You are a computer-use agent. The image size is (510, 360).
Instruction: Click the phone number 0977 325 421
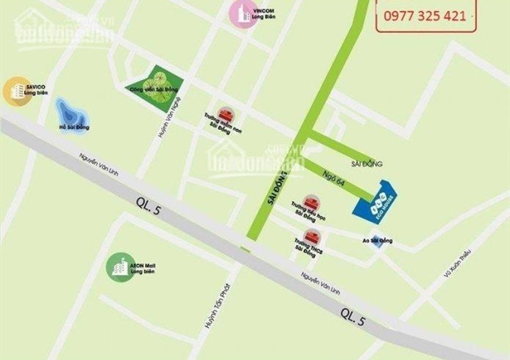click(424, 14)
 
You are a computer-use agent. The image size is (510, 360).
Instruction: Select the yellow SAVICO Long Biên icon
click(14, 91)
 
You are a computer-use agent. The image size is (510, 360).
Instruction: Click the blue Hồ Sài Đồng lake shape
click(72, 115)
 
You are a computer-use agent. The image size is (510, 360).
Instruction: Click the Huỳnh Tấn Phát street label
click(211, 311)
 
